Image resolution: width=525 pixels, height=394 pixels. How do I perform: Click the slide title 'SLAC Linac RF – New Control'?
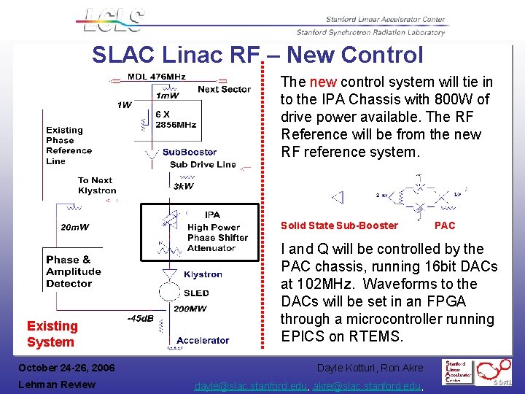257,55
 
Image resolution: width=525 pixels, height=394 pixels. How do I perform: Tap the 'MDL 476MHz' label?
157,77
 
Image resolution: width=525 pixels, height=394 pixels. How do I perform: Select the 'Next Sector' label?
224,89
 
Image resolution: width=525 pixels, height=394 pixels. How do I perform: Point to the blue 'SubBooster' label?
190,152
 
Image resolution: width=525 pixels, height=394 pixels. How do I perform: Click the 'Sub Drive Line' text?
203,164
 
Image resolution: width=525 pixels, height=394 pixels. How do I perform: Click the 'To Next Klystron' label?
97,185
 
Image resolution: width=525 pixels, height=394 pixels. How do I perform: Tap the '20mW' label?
74,227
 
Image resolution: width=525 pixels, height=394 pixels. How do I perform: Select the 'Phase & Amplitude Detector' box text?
74,271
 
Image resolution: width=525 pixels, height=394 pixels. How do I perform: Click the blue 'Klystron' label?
203,274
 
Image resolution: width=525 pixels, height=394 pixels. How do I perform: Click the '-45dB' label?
140,318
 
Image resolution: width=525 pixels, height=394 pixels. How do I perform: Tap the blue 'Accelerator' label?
203,340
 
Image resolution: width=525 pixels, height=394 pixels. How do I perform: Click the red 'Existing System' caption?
52,333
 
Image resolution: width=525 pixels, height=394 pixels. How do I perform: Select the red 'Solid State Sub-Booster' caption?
339,225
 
